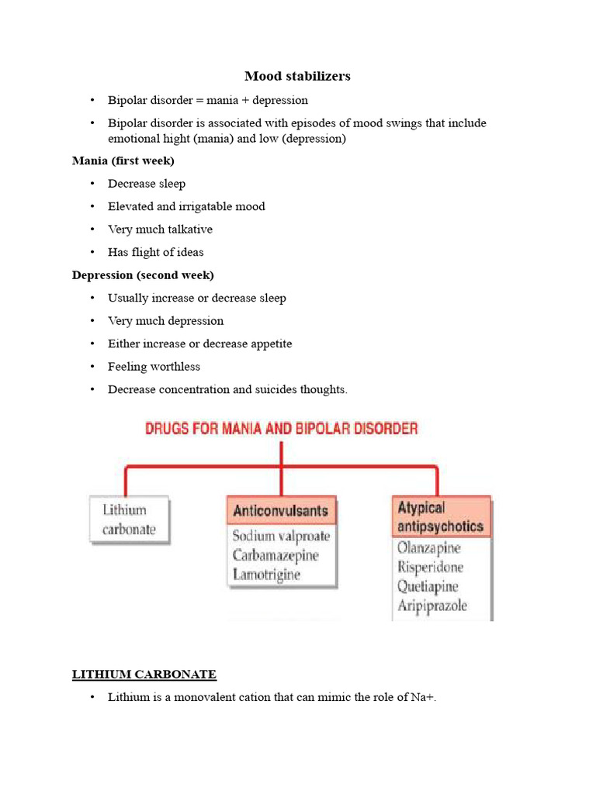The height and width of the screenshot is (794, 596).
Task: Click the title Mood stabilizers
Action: pyautogui.click(x=297, y=76)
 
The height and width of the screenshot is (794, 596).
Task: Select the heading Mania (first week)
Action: pyautogui.click(x=123, y=161)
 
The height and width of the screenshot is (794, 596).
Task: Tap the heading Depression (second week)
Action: pyautogui.click(x=143, y=275)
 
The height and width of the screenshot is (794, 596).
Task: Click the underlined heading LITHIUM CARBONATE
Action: pyautogui.click(x=144, y=675)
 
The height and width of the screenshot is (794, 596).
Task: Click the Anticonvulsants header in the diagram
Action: pyautogui.click(x=281, y=511)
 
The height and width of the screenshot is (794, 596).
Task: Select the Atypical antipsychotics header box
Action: pyautogui.click(x=441, y=517)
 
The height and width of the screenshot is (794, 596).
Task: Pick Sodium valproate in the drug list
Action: pyautogui.click(x=281, y=536)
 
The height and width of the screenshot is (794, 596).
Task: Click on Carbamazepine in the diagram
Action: pyautogui.click(x=275, y=555)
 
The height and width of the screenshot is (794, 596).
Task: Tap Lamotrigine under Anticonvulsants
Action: pyautogui.click(x=266, y=575)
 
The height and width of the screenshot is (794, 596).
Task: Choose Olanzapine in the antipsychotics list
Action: pyautogui.click(x=429, y=548)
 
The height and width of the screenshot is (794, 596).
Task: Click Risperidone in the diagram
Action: pyautogui.click(x=430, y=567)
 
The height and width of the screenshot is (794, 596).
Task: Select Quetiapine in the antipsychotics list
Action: pyautogui.click(x=428, y=586)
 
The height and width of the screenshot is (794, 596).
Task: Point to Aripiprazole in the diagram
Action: pyautogui.click(x=432, y=606)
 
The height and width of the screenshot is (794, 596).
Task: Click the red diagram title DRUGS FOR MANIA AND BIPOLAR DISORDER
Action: pyautogui.click(x=282, y=428)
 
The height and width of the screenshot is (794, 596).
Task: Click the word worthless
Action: pyautogui.click(x=175, y=367)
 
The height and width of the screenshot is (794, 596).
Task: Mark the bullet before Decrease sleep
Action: pyautogui.click(x=92, y=185)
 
